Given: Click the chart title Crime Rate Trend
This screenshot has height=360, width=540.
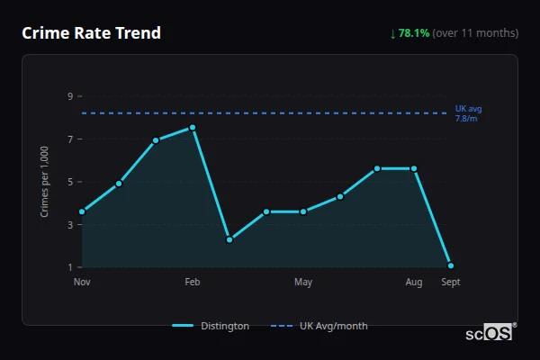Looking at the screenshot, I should point(91,33).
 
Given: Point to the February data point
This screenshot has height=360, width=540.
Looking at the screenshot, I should point(193,128).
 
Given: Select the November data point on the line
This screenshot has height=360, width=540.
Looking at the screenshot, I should point(82,211).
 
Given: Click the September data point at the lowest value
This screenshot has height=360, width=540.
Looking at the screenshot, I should point(450,265).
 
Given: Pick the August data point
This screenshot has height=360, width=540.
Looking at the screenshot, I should point(414,168).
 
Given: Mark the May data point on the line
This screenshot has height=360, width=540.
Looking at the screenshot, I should point(303,211).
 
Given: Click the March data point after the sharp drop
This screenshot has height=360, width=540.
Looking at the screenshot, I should point(229,239).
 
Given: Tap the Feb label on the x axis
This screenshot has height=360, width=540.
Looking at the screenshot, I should point(193,283).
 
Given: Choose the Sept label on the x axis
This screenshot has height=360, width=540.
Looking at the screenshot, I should point(450,283).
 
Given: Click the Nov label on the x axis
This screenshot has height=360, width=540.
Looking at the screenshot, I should point(82,283).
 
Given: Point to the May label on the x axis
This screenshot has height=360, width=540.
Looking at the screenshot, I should point(303,283).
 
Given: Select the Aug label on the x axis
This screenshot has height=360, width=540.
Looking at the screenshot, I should point(414,283).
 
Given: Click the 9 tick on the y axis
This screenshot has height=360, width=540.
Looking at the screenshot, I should point(69,96).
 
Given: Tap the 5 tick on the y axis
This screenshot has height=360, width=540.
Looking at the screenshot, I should point(69,182).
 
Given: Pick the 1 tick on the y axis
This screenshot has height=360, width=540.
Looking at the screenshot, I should point(69,267).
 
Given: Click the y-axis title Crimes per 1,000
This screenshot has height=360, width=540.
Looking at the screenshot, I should point(45,182).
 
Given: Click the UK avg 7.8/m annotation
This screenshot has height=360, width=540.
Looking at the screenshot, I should point(468,113).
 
